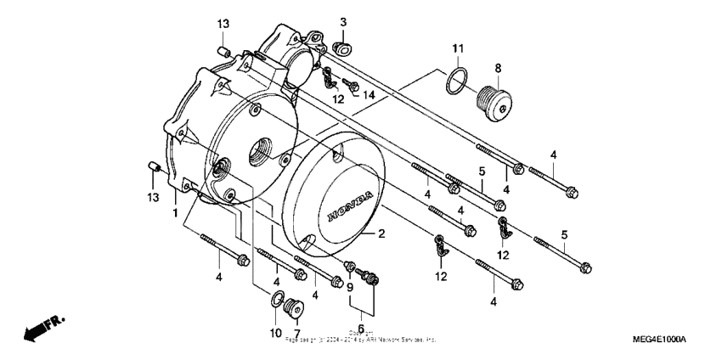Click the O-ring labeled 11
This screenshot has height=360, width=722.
tap(456, 83)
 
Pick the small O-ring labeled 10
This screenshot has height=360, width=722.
tap(277, 300)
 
